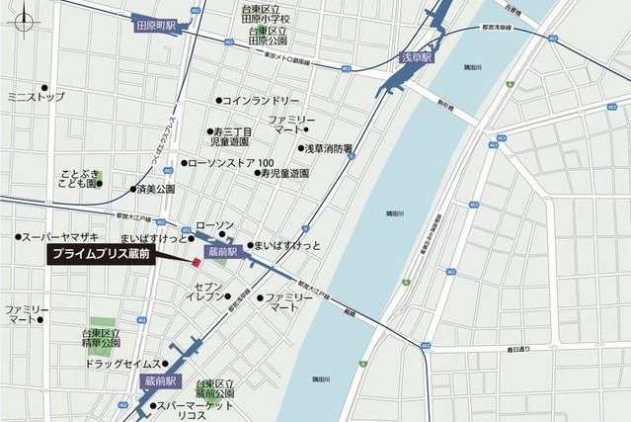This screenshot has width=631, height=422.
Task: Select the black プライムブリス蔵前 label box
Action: [111, 254]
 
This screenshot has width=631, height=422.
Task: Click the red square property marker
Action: [196, 264]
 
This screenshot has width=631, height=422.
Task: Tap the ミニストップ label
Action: [36, 97]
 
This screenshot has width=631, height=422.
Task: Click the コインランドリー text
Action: [261, 101]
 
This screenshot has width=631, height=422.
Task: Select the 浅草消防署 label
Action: [329, 148]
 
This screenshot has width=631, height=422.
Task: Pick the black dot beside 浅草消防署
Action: [301, 148]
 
